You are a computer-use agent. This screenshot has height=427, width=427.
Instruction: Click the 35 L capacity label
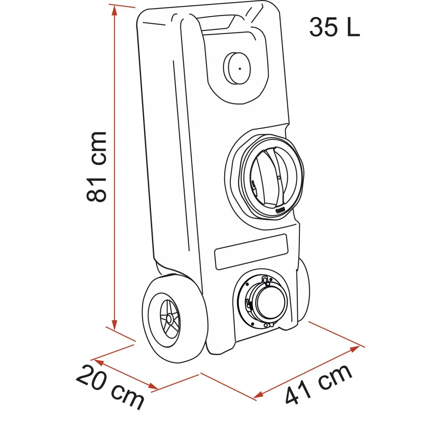point(334,28)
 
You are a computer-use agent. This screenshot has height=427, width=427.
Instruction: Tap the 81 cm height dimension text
point(96,167)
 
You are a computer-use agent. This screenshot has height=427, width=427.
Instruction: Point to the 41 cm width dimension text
point(318,385)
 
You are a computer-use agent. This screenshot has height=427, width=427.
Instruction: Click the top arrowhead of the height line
point(114,11)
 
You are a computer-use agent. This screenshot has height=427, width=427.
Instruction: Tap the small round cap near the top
point(237,68)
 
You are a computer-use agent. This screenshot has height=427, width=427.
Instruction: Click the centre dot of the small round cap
point(240,69)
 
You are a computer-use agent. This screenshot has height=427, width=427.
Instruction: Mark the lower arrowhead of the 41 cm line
point(258,395)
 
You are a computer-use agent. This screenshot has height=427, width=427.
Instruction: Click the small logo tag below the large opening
point(280,210)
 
